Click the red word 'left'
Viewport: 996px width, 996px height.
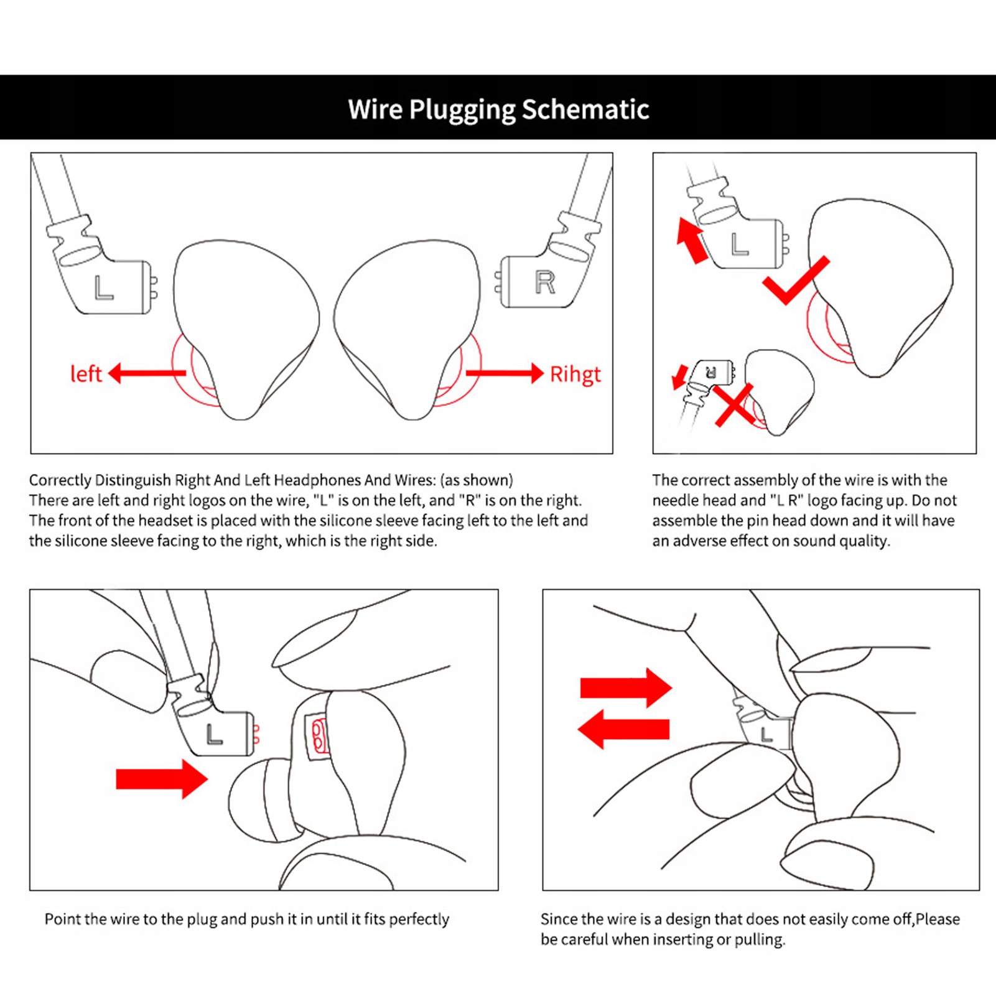point(86,374)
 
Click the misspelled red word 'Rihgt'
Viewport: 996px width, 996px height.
point(575,374)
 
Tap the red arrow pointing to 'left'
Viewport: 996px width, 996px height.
point(147,373)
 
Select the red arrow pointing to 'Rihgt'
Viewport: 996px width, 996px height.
point(505,373)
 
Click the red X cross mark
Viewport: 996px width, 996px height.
point(735,405)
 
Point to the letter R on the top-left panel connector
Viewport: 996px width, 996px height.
point(545,283)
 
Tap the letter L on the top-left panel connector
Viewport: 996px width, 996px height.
point(103,288)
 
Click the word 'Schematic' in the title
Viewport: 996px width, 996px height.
point(585,109)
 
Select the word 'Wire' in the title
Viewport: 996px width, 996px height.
point(375,109)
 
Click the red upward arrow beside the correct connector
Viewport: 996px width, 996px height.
point(692,240)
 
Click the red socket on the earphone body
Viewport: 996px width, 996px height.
point(318,736)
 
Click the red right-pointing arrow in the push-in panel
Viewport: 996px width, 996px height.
point(161,778)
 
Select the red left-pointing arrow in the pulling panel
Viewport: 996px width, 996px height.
point(623,729)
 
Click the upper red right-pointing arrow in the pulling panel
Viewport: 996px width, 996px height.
point(625,687)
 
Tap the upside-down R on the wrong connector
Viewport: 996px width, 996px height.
point(711,373)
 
